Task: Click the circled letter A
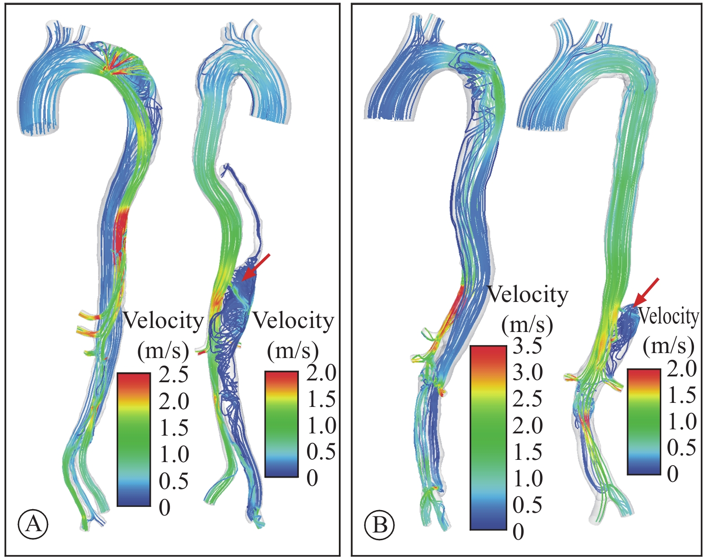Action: [33, 524]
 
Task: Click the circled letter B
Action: [380, 524]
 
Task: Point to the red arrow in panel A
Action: [256, 267]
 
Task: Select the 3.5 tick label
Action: [527, 346]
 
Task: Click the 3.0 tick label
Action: [527, 373]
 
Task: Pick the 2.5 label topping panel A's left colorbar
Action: [174, 375]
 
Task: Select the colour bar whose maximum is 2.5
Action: [134, 440]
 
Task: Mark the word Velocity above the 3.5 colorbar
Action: [527, 295]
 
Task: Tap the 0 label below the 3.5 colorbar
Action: [518, 532]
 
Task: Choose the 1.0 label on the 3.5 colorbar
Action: [527, 479]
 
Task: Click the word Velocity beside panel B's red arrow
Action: [669, 317]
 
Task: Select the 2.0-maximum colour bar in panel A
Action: [281, 424]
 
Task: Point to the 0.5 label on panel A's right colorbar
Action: [321, 451]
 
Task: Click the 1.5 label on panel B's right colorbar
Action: [682, 394]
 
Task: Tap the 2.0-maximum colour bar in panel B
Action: [644, 422]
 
